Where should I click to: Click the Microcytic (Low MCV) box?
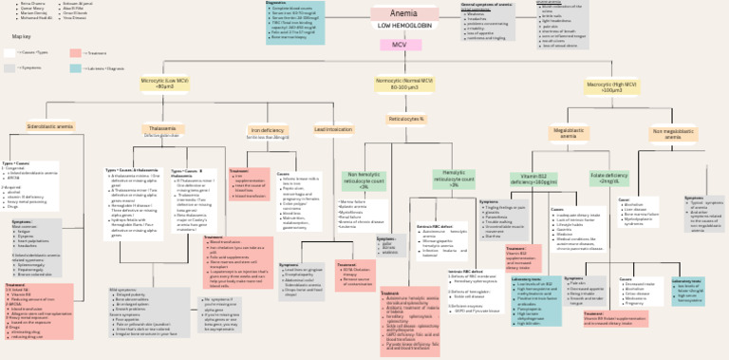165,85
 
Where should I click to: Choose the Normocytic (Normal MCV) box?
406,85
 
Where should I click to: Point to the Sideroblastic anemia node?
50,125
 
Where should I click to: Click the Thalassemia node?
162,128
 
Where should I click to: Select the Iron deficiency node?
267,129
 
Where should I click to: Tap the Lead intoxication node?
333,128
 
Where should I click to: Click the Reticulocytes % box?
406,119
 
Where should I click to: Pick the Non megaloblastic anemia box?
676,133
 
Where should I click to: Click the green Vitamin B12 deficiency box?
533,178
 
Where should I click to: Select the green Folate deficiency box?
608,177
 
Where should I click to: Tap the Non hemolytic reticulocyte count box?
364,180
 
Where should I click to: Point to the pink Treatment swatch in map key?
76,52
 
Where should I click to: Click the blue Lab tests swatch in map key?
76,68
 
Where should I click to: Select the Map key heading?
22,36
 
